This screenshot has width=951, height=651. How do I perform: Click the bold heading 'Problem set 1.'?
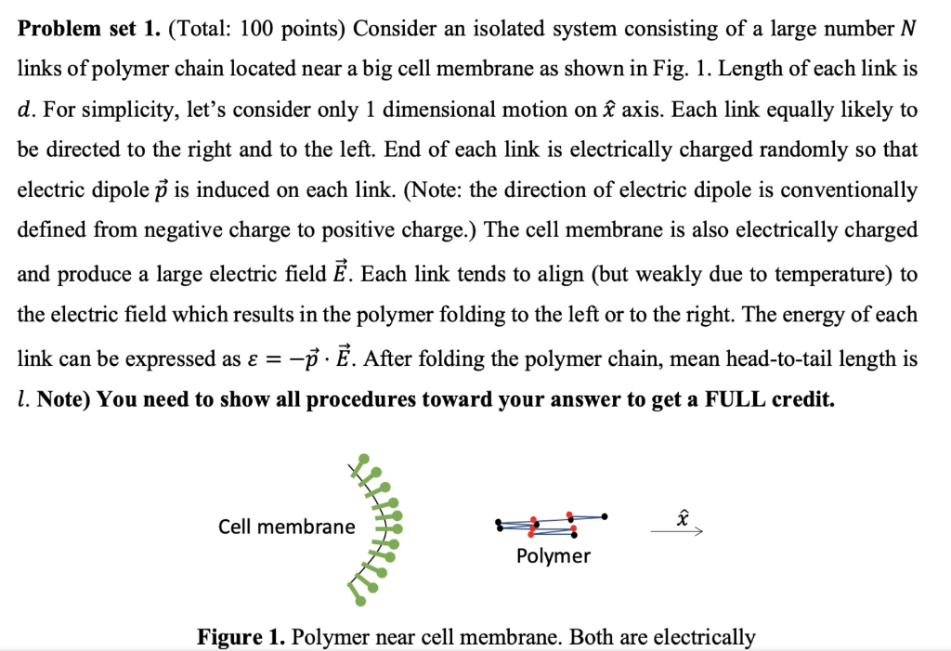[x=88, y=29]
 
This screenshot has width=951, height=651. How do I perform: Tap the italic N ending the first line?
[x=907, y=29]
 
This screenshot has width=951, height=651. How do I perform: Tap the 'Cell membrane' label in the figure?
[x=286, y=527]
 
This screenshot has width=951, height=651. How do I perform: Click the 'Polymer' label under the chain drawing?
[x=553, y=556]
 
